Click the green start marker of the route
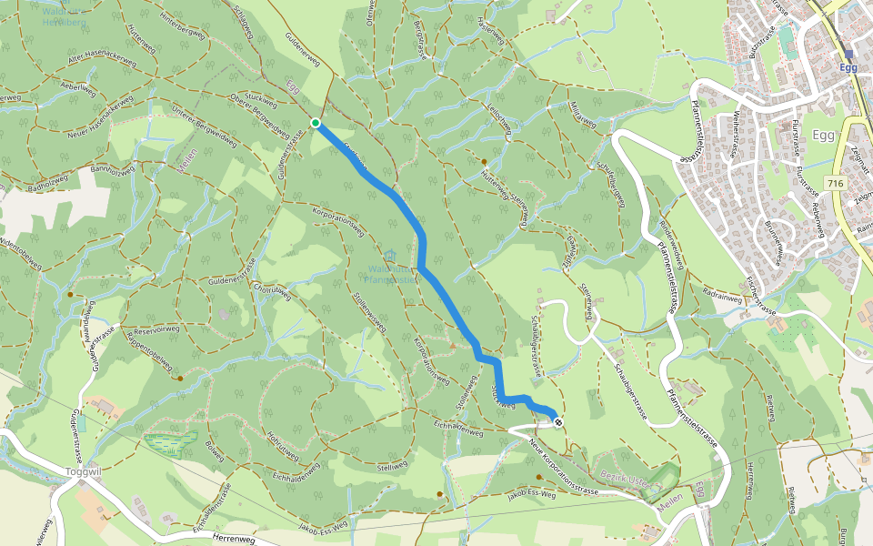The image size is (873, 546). [316, 123]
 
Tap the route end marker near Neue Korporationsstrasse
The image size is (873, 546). [556, 421]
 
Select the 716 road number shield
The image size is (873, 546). [836, 184]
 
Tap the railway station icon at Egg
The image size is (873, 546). [848, 54]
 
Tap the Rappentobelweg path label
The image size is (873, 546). [148, 351]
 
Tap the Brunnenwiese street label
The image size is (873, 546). [775, 241]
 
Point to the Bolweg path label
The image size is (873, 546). [215, 450]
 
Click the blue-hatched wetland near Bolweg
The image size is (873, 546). [170, 443]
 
